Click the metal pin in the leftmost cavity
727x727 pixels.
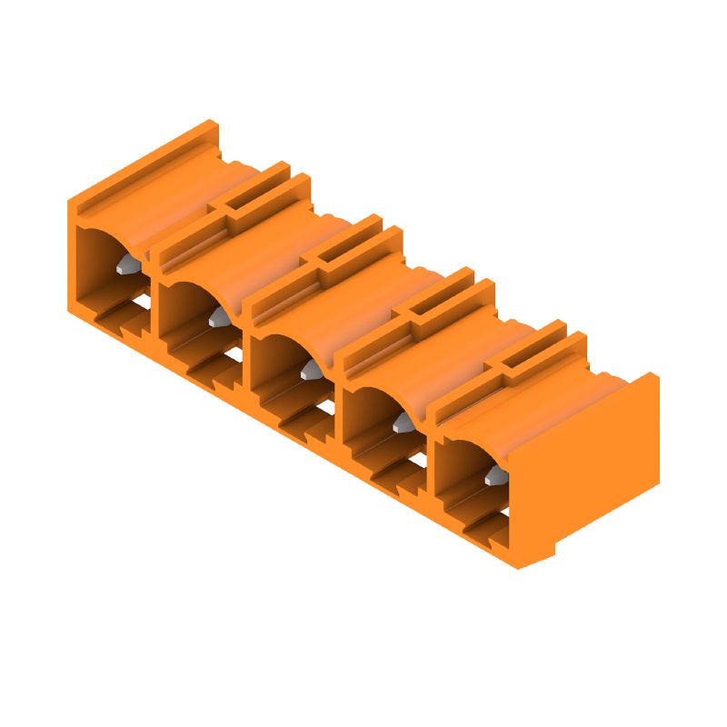click(x=128, y=265)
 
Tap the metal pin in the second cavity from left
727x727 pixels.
click(x=219, y=317)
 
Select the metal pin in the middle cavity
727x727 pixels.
click(x=311, y=369)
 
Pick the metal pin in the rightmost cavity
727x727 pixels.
click(x=494, y=474)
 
